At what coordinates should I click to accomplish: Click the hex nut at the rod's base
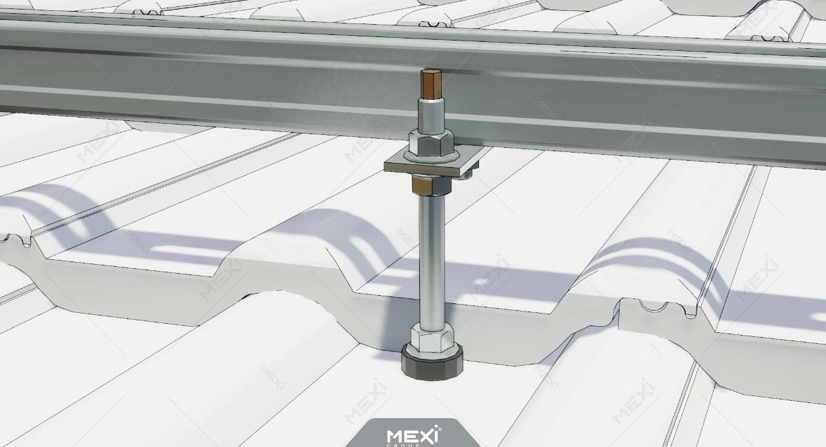click(x=431, y=337)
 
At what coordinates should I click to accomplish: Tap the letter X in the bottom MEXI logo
click(x=427, y=435)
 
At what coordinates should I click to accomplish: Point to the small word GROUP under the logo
click(x=413, y=445)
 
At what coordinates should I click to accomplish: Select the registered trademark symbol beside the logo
click(x=441, y=429)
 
